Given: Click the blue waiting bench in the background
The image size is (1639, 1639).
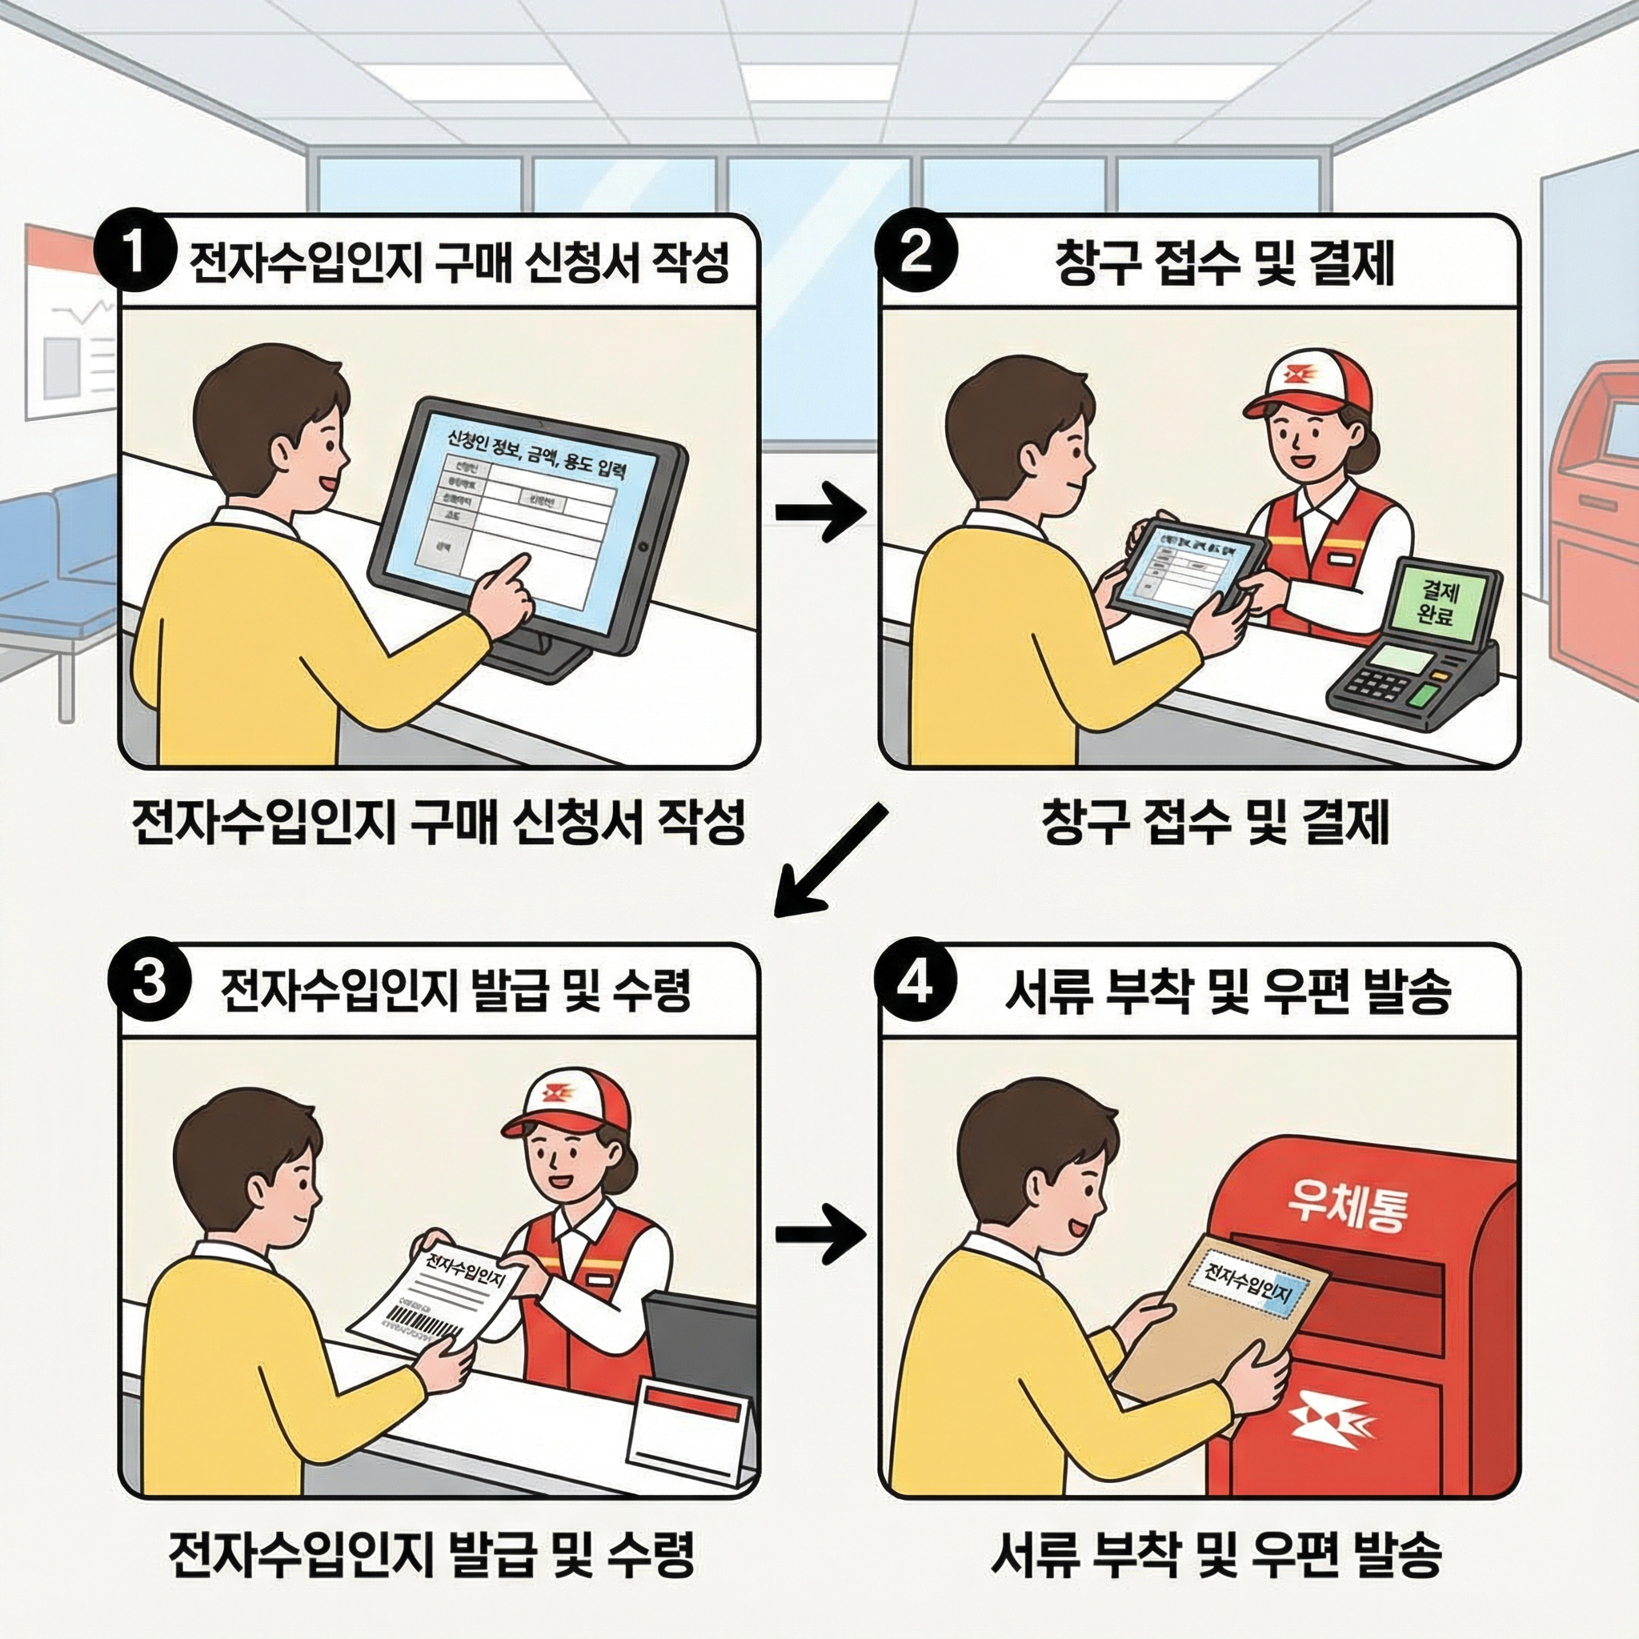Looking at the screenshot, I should (59, 560).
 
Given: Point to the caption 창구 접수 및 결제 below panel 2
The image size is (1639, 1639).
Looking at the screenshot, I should (1214, 824).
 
